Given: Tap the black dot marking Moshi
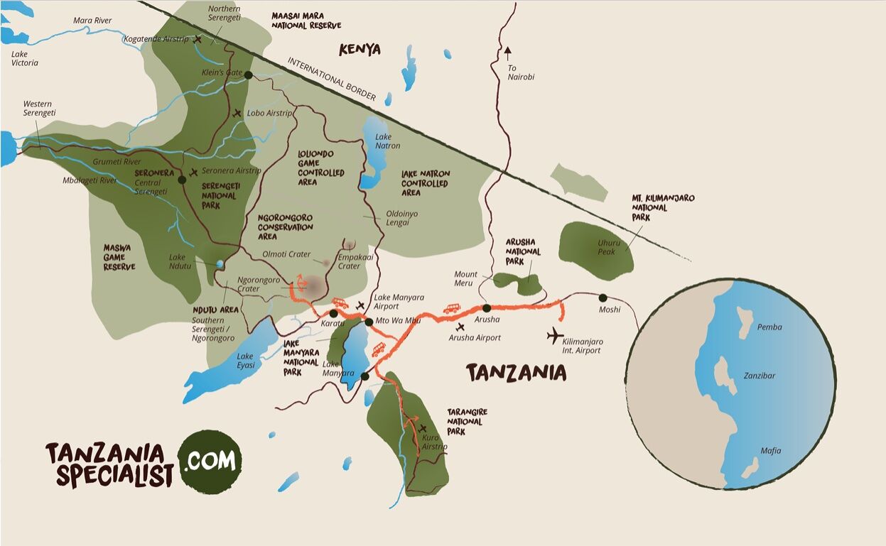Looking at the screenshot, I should (x=603, y=297).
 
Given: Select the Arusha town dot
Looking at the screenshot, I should (x=487, y=308).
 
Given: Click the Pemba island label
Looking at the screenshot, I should (x=769, y=327).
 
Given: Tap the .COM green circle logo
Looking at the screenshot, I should (x=210, y=462).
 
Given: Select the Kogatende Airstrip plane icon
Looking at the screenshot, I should (x=198, y=39).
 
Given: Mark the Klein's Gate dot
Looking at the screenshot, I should (x=248, y=75).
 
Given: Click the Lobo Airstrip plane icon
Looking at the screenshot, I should (x=237, y=113).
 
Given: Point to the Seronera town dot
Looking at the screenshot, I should (x=182, y=180).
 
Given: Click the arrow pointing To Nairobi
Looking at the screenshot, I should (x=507, y=51).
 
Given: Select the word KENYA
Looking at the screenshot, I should (x=360, y=50).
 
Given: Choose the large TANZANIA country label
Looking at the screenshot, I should (x=516, y=373).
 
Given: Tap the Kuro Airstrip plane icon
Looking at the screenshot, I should (x=423, y=428).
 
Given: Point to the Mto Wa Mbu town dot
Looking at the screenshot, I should (x=369, y=322).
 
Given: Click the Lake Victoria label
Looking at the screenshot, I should (x=24, y=58).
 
